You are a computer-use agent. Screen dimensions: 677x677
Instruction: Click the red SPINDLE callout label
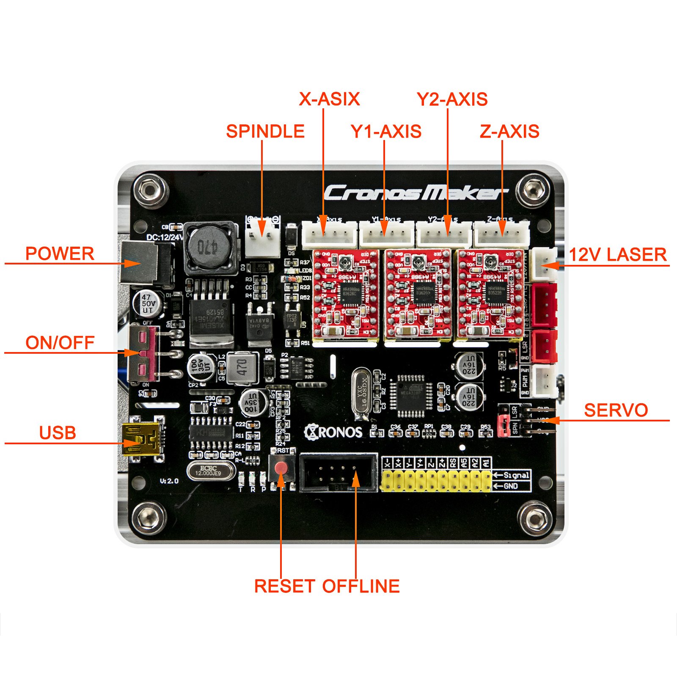tap(265, 131)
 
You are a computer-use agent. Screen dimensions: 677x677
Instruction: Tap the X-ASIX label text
tap(329, 99)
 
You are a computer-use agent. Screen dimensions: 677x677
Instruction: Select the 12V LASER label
tap(617, 255)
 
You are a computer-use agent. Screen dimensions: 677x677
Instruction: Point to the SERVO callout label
tap(616, 410)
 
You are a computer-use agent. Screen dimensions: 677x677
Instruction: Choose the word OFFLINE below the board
tap(361, 586)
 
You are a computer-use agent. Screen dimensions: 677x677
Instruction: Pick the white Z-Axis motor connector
tap(501, 235)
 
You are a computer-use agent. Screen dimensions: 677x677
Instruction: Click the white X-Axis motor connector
tap(329, 235)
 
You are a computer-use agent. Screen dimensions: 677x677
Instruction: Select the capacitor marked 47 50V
tap(148, 303)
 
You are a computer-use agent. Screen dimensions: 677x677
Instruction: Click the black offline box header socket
tap(338, 472)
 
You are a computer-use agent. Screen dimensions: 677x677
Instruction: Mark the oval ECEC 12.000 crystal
tap(210, 471)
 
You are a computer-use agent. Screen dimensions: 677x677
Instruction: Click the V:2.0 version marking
tap(169, 481)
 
